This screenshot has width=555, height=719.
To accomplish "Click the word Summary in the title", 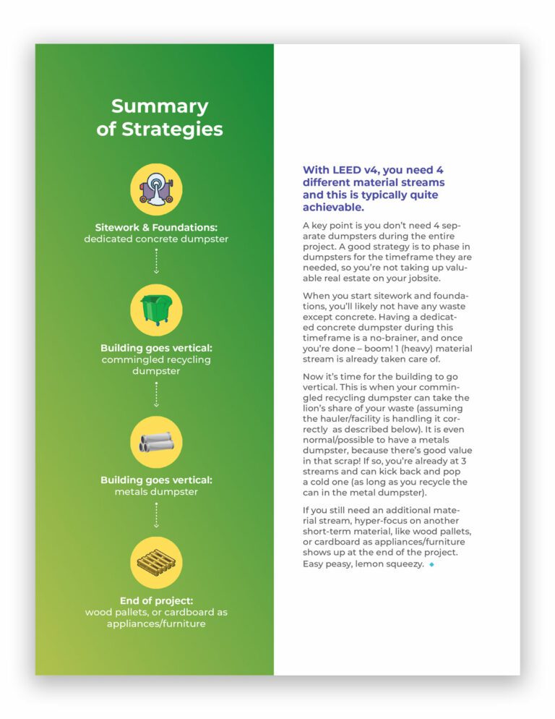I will click(160, 106).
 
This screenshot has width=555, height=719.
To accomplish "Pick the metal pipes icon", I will click(156, 441).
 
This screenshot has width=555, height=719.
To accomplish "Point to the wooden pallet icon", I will click(156, 562).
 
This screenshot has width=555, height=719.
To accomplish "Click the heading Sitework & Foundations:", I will click(156, 226).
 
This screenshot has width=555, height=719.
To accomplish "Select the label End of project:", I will click(156, 600).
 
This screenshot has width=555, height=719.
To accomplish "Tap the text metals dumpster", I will click(156, 492).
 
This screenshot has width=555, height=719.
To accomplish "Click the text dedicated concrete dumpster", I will click(156, 239).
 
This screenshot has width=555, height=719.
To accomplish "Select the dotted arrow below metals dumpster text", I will click(156, 515).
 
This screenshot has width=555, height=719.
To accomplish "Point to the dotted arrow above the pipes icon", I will click(156, 394).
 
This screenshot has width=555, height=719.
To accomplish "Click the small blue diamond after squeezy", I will click(431, 564).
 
